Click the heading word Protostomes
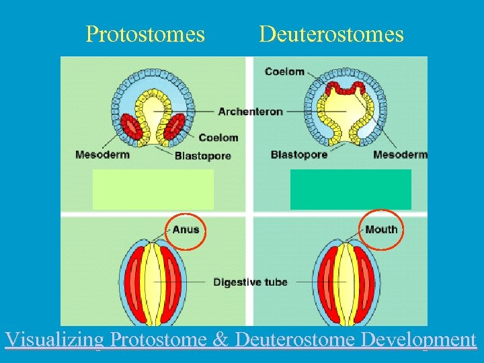tap(145, 34)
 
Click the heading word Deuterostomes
tap(331, 34)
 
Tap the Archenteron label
tap(250, 112)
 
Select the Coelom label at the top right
tap(284, 71)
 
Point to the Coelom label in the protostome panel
tap(218, 138)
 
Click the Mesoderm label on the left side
tap(102, 155)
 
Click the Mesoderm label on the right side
tap(400, 155)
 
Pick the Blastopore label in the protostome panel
tap(202, 156)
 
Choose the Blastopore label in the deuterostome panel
tap(299, 155)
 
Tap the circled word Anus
tap(186, 229)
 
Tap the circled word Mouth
tap(381, 229)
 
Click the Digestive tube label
tap(250, 282)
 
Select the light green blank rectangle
tap(153, 189)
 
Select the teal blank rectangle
tap(350, 189)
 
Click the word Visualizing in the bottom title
tap(54, 339)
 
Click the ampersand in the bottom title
tap(220, 339)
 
